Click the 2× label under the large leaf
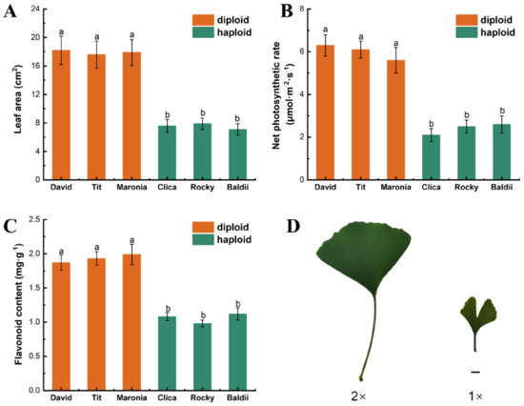click(x=360, y=393)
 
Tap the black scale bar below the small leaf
click(x=474, y=371)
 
